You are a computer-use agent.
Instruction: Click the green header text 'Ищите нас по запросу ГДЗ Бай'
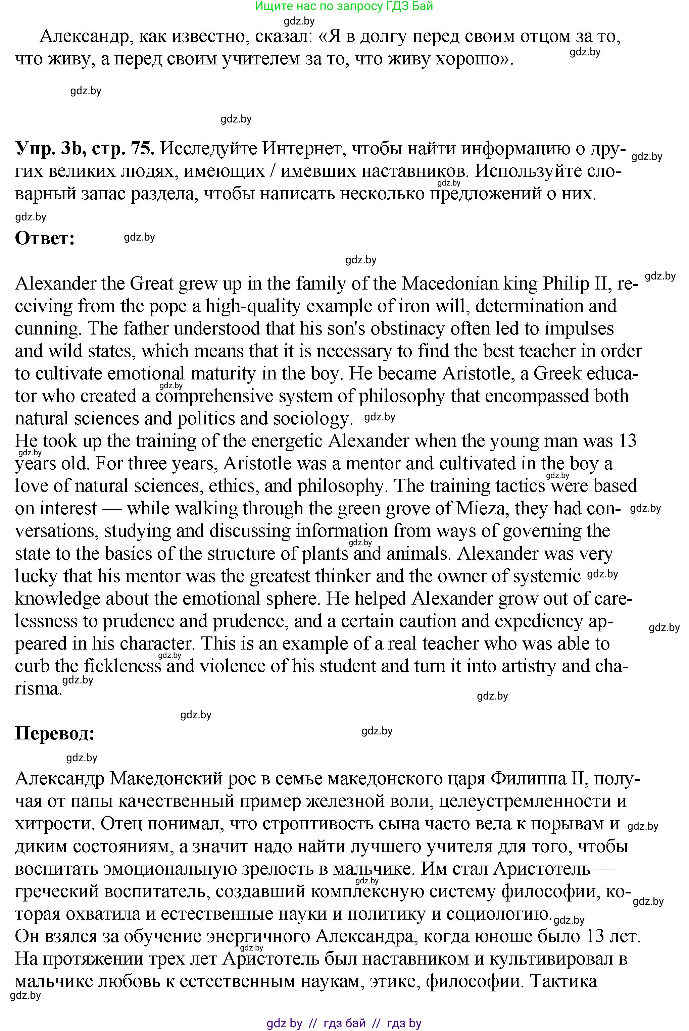[344, 6]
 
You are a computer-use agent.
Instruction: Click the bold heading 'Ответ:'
[45, 239]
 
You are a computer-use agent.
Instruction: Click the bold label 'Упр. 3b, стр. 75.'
[85, 149]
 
